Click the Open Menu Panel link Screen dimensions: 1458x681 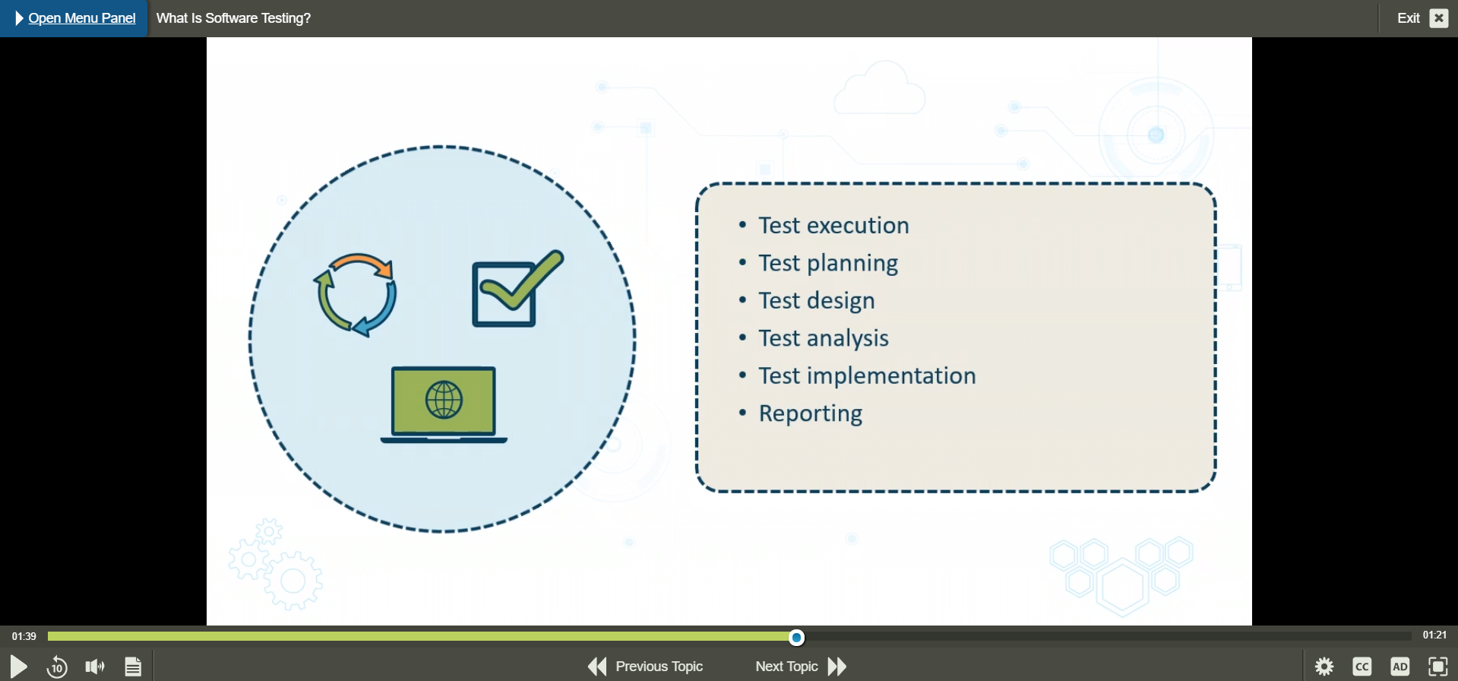(81, 18)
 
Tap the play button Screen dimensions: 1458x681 (18, 667)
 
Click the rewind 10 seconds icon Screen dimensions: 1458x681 (57, 667)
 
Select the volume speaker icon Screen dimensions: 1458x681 (95, 667)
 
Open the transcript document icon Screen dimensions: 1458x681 (133, 667)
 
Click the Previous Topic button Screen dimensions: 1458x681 (645, 667)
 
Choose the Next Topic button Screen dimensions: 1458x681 (801, 667)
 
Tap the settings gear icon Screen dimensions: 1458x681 (1324, 667)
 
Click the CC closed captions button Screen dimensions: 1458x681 (1362, 667)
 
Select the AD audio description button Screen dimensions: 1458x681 (1400, 667)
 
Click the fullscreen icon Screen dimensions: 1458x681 (1438, 667)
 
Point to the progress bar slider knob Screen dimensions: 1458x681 (796, 637)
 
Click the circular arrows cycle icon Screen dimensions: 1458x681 (356, 295)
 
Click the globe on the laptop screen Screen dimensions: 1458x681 (444, 400)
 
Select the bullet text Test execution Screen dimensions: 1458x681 (833, 225)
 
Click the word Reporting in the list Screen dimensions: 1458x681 (811, 413)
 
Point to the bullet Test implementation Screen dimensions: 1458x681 (867, 375)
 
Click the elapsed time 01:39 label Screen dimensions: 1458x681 (24, 636)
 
